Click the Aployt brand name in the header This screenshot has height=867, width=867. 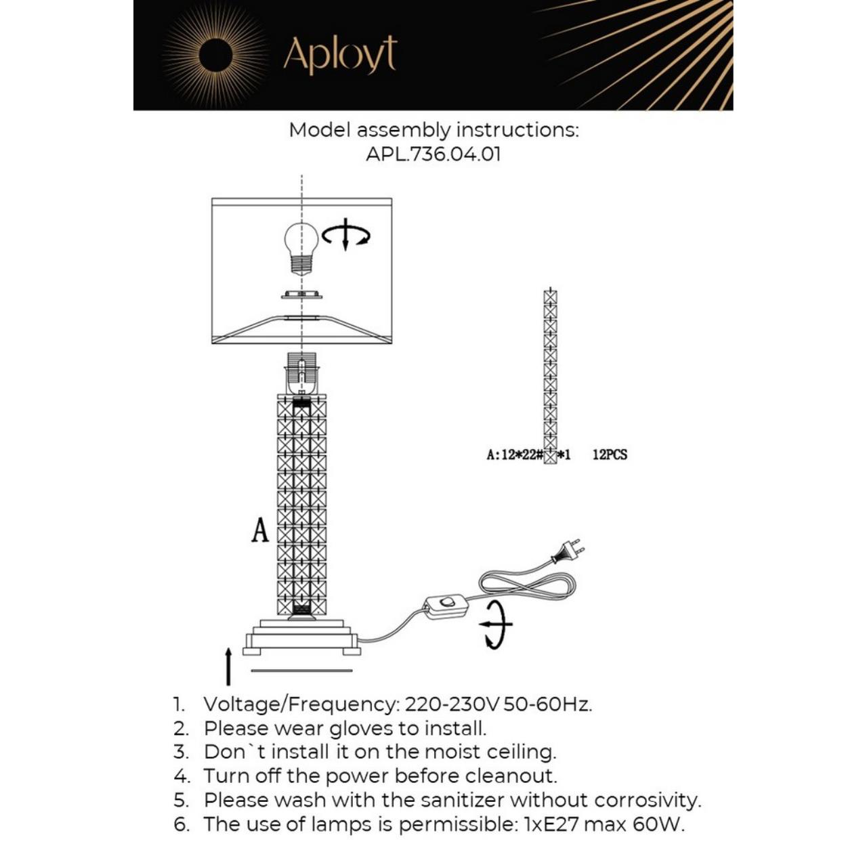coord(339,55)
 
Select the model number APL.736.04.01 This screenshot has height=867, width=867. coord(433,154)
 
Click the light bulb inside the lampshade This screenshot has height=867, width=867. coord(301,247)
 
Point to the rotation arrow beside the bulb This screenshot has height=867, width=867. coord(346,234)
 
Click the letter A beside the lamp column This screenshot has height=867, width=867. coord(260,530)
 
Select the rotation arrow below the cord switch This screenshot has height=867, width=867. coord(496,624)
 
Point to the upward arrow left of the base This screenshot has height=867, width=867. coord(228,666)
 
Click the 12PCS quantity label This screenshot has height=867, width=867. coord(610,454)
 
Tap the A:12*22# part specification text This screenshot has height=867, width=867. coord(515,454)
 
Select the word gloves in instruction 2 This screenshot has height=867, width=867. coord(362,729)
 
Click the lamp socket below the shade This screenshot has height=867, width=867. coord(301,373)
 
